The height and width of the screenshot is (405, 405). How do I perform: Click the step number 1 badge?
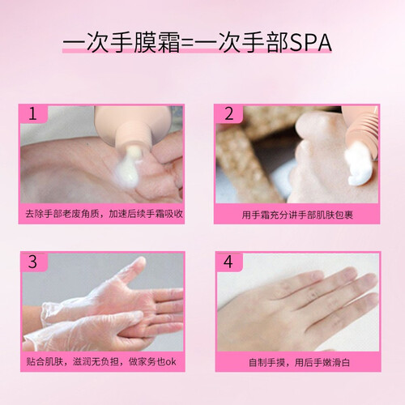pyautogui.click(x=33, y=113)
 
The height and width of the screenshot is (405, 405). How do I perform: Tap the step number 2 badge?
pyautogui.click(x=229, y=113)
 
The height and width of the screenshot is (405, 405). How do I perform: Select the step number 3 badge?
pyautogui.click(x=34, y=262)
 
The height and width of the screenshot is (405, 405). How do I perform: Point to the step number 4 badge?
pyautogui.click(x=228, y=262)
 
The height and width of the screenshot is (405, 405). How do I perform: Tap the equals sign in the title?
pyautogui.click(x=187, y=44)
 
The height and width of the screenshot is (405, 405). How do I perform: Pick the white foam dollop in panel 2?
pyautogui.click(x=359, y=164)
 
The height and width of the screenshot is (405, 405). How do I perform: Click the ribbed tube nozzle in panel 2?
pyautogui.click(x=363, y=132)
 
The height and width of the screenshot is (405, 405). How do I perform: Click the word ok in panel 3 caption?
pyautogui.click(x=171, y=362)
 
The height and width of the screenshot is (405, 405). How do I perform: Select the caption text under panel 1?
pyautogui.click(x=104, y=214)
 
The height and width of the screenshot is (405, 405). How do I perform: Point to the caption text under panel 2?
pyautogui.click(x=297, y=215)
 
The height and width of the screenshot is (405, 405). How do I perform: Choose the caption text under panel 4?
pyautogui.click(x=299, y=363)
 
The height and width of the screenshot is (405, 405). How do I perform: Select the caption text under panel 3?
pyautogui.click(x=101, y=362)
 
